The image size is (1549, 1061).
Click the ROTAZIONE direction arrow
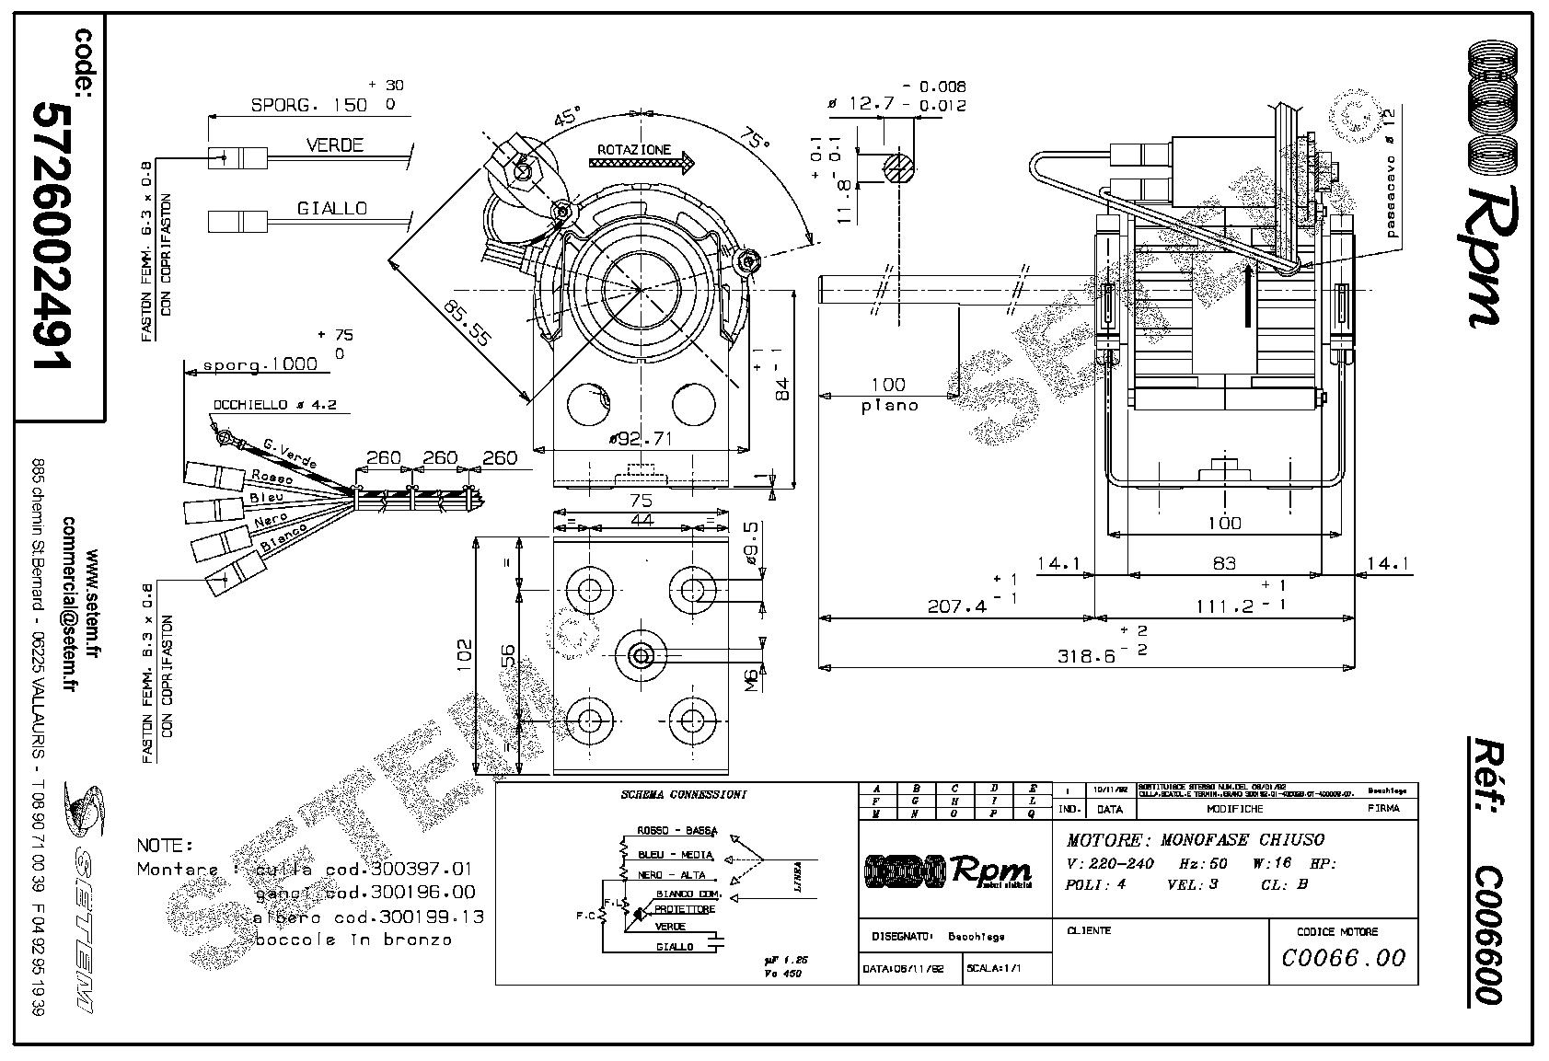click(642, 165)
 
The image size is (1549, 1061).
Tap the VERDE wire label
click(334, 144)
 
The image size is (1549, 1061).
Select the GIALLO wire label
click(331, 209)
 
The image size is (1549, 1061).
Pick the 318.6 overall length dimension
click(1086, 656)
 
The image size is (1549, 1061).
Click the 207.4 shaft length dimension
click(957, 606)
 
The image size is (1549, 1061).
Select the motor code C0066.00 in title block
click(1344, 958)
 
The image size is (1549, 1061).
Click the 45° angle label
click(568, 119)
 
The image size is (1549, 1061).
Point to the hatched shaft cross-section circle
click(898, 167)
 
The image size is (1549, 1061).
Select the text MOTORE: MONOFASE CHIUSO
click(1195, 839)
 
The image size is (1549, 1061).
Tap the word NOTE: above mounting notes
click(165, 845)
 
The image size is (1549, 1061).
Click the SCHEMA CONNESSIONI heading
click(683, 793)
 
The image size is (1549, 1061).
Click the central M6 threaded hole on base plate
click(641, 655)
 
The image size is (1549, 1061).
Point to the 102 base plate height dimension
click(464, 652)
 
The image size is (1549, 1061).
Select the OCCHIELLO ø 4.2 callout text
click(275, 405)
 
